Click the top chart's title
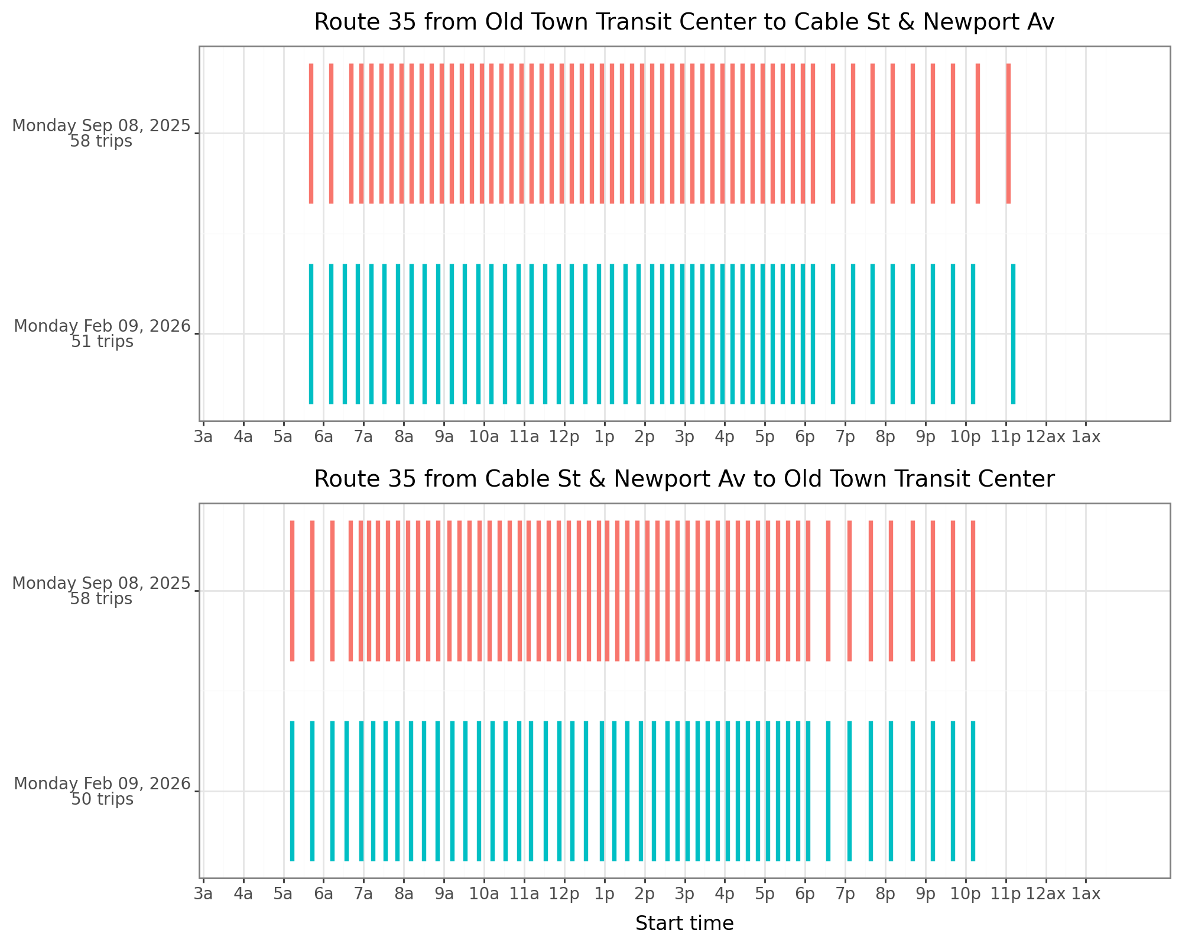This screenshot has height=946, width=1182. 684,22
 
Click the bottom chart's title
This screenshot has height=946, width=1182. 684,480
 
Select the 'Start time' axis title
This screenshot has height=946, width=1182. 684,924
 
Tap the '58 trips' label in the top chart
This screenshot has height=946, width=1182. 101,142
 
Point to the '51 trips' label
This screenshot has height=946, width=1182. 102,342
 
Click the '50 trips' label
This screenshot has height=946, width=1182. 102,799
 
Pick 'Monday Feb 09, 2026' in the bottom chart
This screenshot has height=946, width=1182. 102,784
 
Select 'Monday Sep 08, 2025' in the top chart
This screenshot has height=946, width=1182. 102,126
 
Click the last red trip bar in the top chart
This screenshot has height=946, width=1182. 1008,134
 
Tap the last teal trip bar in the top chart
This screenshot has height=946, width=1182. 1013,334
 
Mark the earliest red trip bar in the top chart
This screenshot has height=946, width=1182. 311,134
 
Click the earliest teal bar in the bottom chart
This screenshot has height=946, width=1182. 292,791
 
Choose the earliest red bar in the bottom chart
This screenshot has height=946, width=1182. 292,591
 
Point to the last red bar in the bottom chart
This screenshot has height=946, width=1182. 973,591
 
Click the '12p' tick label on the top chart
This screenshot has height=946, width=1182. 564,438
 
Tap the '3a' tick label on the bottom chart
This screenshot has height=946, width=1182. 203,894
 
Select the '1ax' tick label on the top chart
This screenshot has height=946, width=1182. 1086,438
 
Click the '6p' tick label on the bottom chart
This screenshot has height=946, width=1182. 805,894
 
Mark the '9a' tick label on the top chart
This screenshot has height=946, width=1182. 444,438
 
